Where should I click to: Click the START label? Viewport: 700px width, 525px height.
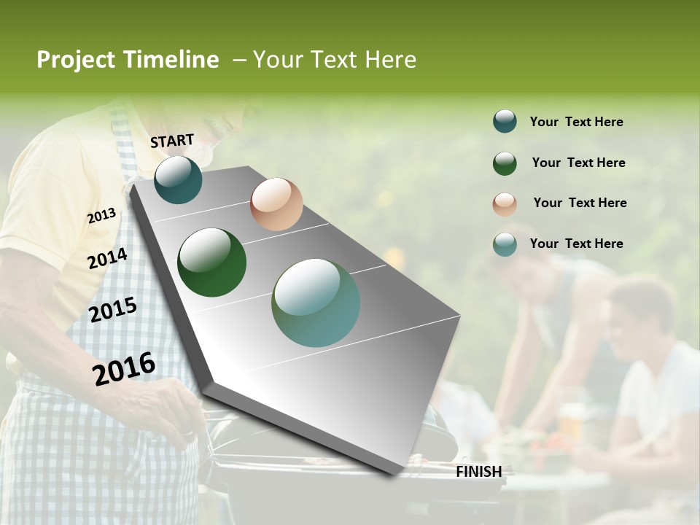(172, 141)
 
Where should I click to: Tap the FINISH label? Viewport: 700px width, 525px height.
(479, 472)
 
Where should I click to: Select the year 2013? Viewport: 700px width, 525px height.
(102, 216)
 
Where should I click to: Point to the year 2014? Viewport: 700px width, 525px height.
(108, 259)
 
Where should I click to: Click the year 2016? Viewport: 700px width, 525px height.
(124, 369)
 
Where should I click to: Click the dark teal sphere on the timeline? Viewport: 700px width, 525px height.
(178, 179)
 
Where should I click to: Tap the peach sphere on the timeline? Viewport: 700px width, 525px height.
(276, 204)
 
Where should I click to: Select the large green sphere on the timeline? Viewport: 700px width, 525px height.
(212, 262)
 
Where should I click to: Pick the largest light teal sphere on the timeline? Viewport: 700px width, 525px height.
(316, 303)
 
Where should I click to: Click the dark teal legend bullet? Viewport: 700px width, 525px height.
(505, 122)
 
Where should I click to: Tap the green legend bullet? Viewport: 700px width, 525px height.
(505, 163)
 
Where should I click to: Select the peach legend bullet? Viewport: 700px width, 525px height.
(505, 203)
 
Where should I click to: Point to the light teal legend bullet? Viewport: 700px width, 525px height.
(505, 244)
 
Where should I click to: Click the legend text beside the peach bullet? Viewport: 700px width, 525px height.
(580, 203)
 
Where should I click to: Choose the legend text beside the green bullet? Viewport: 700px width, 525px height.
(578, 163)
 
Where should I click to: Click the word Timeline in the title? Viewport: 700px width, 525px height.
(172, 60)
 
